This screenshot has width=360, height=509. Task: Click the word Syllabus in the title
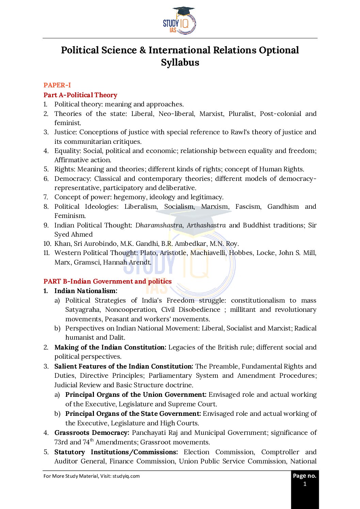click(x=180, y=63)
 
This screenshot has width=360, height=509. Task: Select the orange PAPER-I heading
click(x=57, y=85)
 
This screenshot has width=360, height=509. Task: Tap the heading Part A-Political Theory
click(x=80, y=95)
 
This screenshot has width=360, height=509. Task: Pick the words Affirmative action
click(x=83, y=160)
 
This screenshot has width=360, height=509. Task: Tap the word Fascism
click(x=248, y=206)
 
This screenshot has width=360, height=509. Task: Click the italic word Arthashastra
click(x=206, y=225)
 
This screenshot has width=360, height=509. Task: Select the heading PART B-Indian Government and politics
click(x=108, y=281)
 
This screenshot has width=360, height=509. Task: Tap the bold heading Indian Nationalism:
click(x=86, y=291)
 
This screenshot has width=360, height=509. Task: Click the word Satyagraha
click(x=83, y=309)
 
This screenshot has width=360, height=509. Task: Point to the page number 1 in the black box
click(x=305, y=484)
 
